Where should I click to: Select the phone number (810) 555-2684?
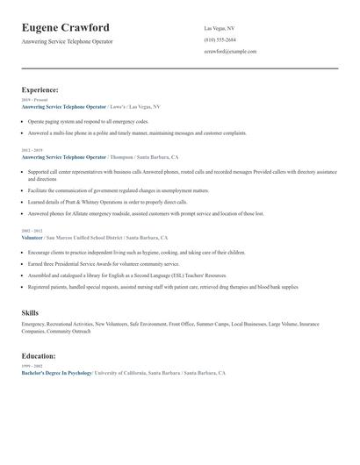tap(220, 40)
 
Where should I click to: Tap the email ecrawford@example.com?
tap(230, 52)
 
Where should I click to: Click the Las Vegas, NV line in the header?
tap(219, 29)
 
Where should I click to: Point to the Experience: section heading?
tap(40, 89)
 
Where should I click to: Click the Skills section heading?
tap(30, 312)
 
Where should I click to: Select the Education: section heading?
tap(39, 356)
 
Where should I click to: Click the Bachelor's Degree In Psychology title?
tap(57, 373)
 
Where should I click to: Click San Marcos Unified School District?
tap(84, 238)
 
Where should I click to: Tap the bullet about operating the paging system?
tap(88, 121)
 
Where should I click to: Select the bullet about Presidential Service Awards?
tap(97, 262)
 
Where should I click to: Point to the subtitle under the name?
tap(68, 41)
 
